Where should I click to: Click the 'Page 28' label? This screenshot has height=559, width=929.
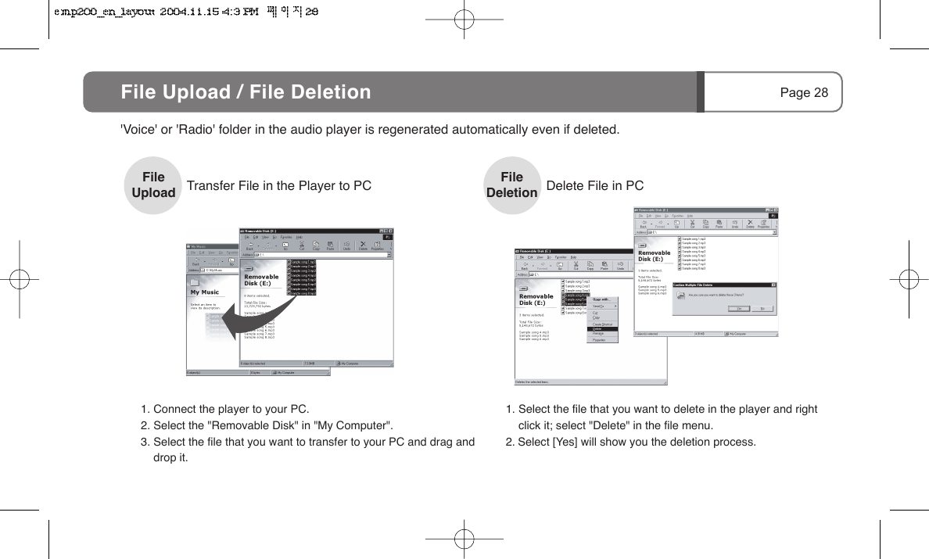click(x=803, y=93)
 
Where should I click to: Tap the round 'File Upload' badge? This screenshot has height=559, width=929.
click(x=153, y=185)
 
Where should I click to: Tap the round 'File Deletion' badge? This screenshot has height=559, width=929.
click(x=512, y=185)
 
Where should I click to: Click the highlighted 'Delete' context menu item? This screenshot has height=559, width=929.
click(x=598, y=329)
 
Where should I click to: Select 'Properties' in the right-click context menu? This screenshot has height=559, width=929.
click(x=600, y=340)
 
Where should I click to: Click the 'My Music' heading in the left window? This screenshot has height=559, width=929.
click(x=205, y=292)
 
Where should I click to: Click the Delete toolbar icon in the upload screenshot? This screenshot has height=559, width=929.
click(x=363, y=245)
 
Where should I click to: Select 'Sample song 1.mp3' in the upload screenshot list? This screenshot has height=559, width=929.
click(x=302, y=262)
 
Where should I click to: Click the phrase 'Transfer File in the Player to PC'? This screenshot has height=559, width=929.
click(x=278, y=186)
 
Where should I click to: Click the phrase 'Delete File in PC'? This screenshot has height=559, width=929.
click(x=595, y=186)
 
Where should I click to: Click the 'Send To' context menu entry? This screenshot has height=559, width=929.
click(x=600, y=306)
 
